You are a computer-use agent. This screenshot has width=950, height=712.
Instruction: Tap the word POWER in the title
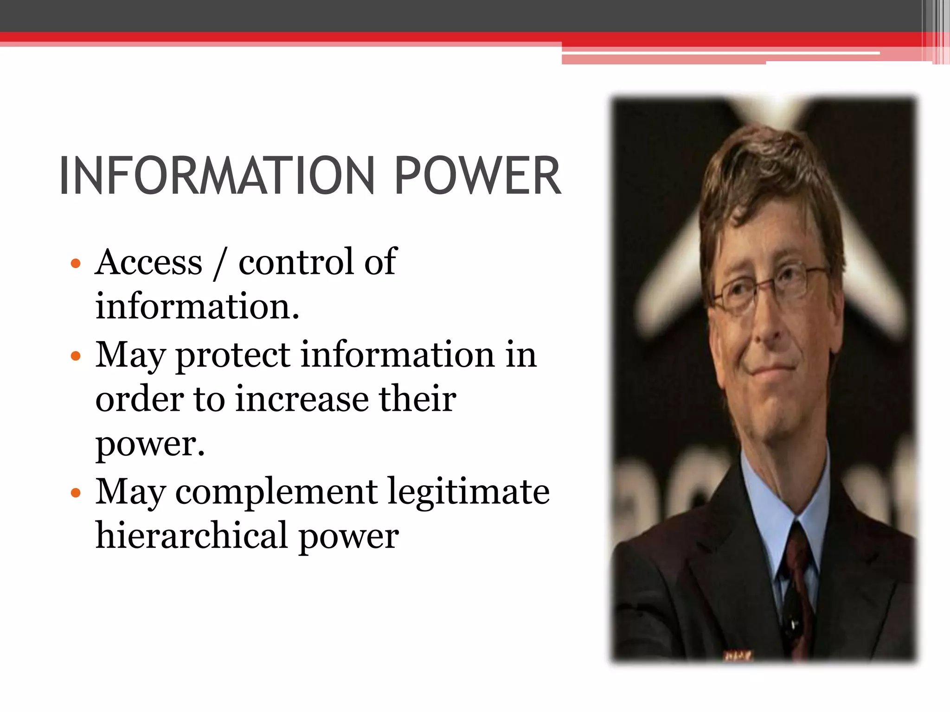click(478, 176)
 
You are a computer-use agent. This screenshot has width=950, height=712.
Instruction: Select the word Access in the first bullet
click(149, 262)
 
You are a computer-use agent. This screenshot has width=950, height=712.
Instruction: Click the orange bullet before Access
click(76, 264)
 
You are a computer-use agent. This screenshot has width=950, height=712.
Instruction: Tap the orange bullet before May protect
click(76, 356)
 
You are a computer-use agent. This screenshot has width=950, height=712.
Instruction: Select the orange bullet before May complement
click(76, 493)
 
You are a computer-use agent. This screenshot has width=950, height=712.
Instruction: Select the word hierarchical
click(191, 536)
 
